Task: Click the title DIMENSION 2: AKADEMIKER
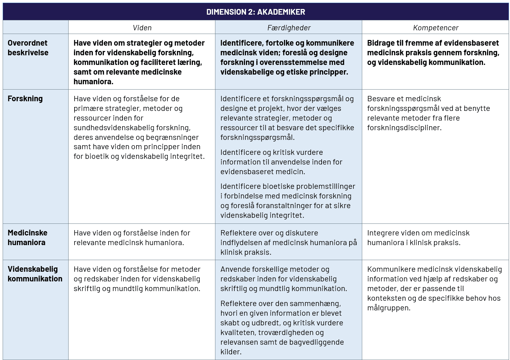coord(255,12)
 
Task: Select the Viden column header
coord(142,28)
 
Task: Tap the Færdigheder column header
coord(289,28)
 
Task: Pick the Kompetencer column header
coord(435,28)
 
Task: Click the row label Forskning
coord(25,99)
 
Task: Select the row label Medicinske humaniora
coord(27,237)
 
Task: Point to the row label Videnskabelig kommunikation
coord(35,274)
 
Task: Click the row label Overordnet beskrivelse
coord(28,48)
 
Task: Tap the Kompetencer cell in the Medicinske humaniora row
coord(418,237)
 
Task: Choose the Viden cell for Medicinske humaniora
coord(132,237)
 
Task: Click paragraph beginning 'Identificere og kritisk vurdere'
coord(281,162)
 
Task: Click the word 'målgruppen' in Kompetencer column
coord(388,308)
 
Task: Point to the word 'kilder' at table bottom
coord(230,352)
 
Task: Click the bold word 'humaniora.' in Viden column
coord(93,82)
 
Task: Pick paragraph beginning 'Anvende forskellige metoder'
coord(283,279)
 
